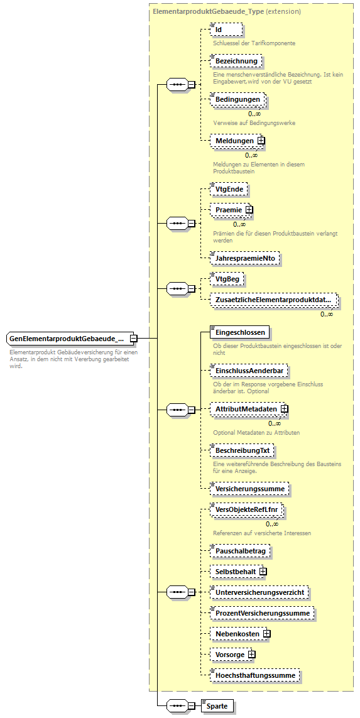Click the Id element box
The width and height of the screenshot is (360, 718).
click(226, 30)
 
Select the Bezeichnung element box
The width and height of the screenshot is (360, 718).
click(236, 61)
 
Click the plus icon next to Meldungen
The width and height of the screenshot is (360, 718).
click(261, 141)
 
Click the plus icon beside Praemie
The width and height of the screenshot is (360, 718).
click(249, 210)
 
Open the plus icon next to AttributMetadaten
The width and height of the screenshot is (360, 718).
click(285, 409)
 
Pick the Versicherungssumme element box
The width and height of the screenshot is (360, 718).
click(249, 488)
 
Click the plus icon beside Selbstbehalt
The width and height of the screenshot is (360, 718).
click(263, 572)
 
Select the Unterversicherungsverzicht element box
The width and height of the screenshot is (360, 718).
click(259, 592)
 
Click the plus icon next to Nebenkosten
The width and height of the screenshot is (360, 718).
click(267, 634)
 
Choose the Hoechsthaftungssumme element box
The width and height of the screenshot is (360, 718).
click(255, 675)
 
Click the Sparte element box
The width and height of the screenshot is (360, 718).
click(218, 706)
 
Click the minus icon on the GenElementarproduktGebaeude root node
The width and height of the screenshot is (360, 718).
click(134, 339)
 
